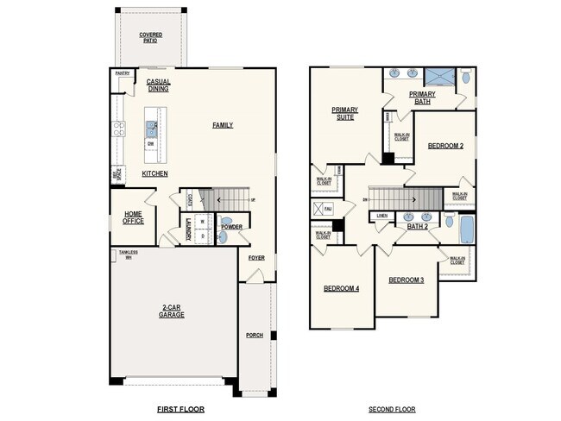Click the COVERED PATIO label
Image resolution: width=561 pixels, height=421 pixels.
click(x=151, y=37)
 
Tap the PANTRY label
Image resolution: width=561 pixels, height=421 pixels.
click(x=123, y=74)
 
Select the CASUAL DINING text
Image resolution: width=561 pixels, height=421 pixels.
click(x=159, y=85)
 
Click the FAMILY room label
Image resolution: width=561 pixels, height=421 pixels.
click(x=223, y=125)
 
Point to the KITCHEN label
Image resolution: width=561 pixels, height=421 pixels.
click(x=154, y=173)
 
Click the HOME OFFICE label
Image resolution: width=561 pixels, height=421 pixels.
click(x=133, y=217)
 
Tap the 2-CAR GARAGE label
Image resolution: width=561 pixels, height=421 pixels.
click(x=171, y=311)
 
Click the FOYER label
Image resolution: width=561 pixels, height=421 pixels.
click(x=256, y=258)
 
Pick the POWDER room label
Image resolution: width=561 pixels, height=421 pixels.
click(x=231, y=227)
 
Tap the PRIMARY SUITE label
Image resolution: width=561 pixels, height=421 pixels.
click(x=344, y=113)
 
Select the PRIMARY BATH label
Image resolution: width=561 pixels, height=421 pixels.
click(x=422, y=97)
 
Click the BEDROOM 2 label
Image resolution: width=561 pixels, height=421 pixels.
click(x=445, y=146)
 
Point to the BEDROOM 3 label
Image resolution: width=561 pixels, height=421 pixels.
click(x=405, y=280)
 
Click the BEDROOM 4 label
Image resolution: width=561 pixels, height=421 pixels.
click(x=341, y=288)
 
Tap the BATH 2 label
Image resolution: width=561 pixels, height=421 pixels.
click(x=418, y=226)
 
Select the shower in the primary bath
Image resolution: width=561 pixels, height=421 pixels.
click(x=439, y=76)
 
